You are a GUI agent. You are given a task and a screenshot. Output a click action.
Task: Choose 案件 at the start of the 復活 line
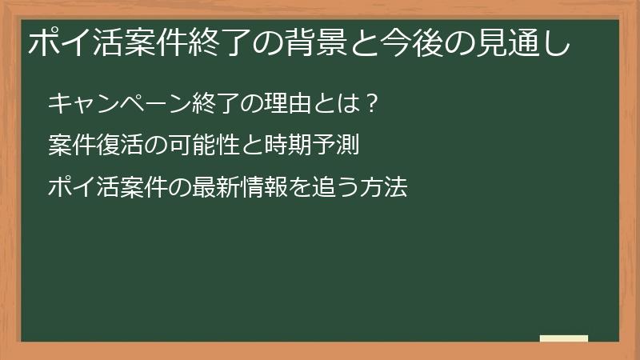[x=70, y=146]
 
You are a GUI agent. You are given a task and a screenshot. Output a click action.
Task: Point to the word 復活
[x=117, y=146]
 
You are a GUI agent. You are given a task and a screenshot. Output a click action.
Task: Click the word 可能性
[x=198, y=146]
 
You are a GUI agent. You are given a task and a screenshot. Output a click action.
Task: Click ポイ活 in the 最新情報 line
[x=82, y=189]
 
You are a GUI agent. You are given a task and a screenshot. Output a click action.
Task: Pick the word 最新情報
[x=233, y=189]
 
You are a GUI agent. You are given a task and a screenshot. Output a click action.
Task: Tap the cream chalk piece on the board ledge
[x=564, y=338]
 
